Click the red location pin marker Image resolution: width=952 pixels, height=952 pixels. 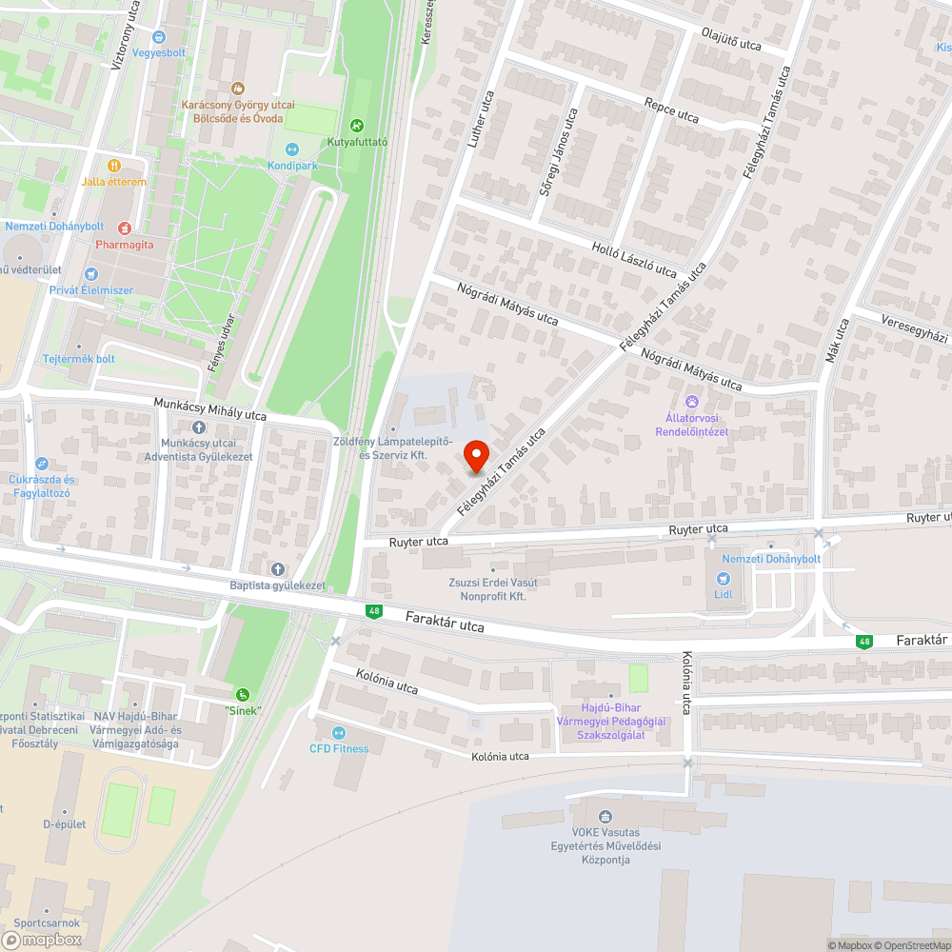tap(476, 456)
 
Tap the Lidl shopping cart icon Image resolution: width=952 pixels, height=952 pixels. tap(722, 578)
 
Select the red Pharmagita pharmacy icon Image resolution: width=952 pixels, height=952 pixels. tap(124, 228)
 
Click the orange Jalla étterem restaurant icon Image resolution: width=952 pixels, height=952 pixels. tap(114, 165)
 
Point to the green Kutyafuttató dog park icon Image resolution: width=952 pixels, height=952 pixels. tap(357, 125)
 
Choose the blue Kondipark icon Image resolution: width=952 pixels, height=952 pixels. tap(292, 149)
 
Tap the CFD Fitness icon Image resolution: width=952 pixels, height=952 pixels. tap(339, 732)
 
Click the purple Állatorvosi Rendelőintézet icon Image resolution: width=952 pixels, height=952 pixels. tap(692, 402)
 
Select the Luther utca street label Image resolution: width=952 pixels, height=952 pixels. tap(482, 120)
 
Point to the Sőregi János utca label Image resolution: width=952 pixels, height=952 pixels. tap(559, 152)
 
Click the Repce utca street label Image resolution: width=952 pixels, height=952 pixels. tap(671, 110)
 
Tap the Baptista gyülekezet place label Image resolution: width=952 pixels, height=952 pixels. tap(277, 585)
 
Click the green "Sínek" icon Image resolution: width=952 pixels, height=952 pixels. tap(244, 694)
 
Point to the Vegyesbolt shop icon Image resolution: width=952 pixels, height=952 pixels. tap(158, 36)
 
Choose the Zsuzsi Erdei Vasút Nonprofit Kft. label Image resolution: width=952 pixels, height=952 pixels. tap(492, 588)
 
